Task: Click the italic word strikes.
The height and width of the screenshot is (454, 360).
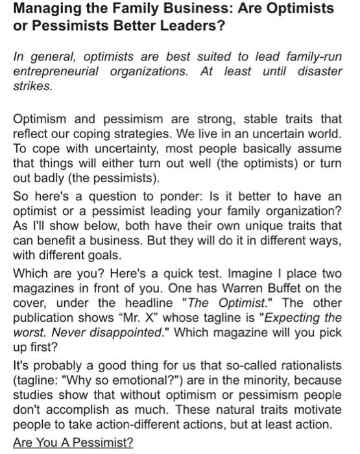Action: [x=30, y=86]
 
